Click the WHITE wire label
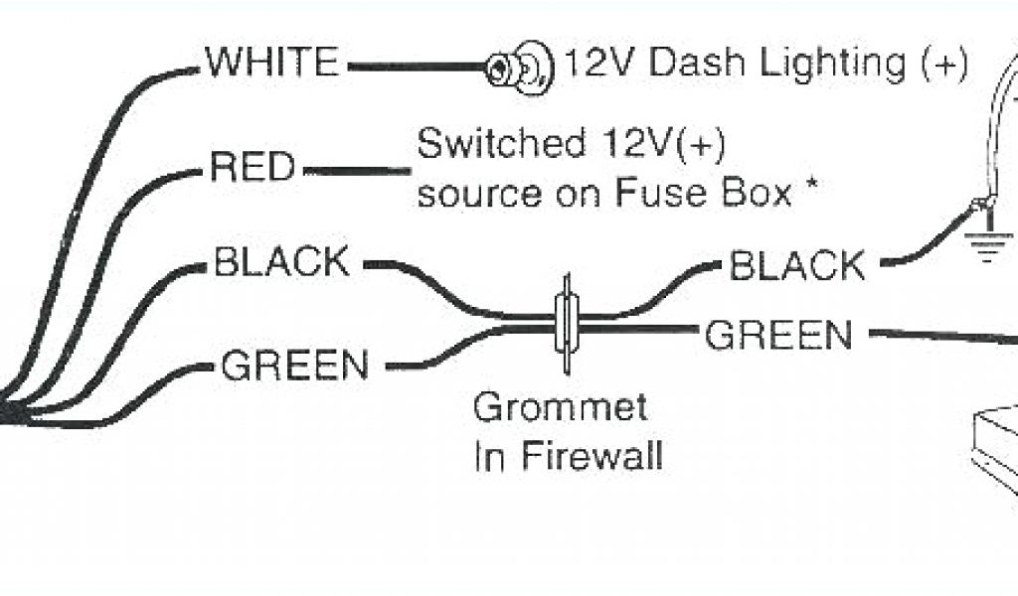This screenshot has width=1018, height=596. pyautogui.click(x=271, y=64)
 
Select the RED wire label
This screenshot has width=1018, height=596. pyautogui.click(x=254, y=167)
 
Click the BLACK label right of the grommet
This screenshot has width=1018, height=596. pyautogui.click(x=797, y=265)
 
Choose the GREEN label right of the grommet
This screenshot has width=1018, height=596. pyautogui.click(x=778, y=336)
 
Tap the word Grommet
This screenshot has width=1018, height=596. pyautogui.click(x=560, y=407)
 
